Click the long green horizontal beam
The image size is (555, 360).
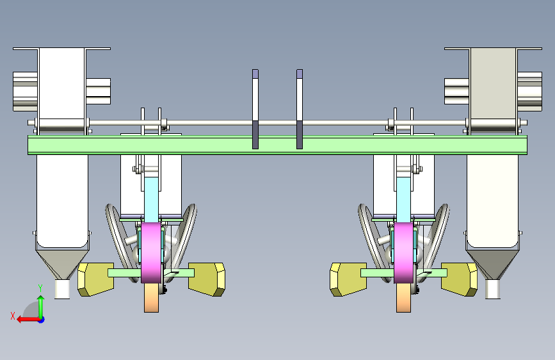[x=278, y=145]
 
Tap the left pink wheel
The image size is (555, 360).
[x=152, y=252]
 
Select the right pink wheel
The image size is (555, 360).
[x=403, y=252]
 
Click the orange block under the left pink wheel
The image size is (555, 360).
[x=151, y=298]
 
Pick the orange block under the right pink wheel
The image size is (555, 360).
[x=403, y=298]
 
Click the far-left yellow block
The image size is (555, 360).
[x=95, y=279]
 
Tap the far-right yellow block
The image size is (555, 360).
[x=459, y=279]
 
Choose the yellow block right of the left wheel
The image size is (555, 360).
[x=207, y=279]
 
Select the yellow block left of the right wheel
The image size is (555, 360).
[x=348, y=279]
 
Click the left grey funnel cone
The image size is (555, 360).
[x=62, y=264]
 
